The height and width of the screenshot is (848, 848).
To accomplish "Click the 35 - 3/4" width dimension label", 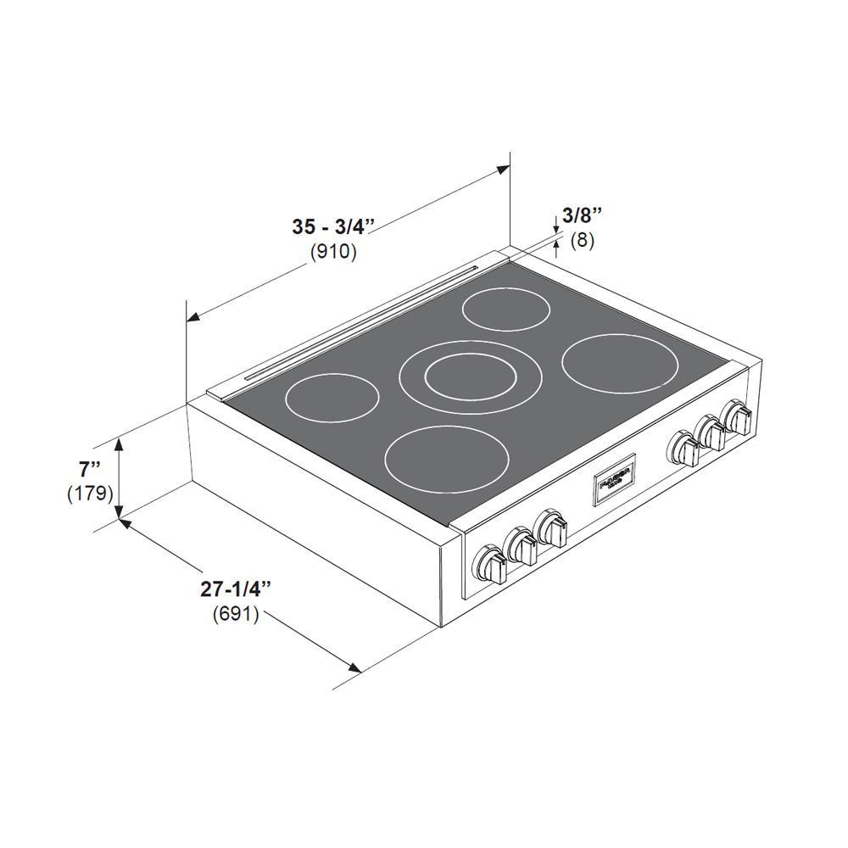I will (x=333, y=226).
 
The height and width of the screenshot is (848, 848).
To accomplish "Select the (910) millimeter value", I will (x=333, y=252).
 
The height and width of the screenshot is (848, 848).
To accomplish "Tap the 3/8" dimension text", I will (x=582, y=215).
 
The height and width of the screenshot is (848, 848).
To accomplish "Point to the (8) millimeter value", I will (x=582, y=240).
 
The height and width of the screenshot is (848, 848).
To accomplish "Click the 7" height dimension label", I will (x=89, y=468).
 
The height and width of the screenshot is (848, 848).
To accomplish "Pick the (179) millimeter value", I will (x=90, y=493).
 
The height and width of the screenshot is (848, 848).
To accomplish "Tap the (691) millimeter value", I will (x=236, y=614).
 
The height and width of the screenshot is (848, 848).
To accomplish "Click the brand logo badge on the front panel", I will (x=613, y=483).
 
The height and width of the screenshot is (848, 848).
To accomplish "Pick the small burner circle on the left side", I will (x=332, y=397).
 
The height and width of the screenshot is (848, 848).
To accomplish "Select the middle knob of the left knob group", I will (x=522, y=549).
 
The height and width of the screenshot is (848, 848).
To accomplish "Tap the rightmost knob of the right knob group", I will (x=736, y=419).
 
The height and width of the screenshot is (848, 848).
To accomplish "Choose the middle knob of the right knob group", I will (x=711, y=433).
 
